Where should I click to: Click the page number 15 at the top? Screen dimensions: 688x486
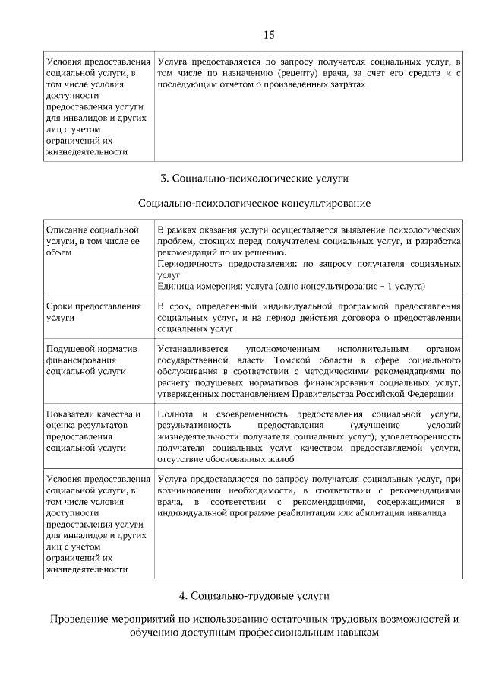(268, 34)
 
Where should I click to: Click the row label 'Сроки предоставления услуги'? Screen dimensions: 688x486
(93, 312)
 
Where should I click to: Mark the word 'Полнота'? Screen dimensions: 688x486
(175, 414)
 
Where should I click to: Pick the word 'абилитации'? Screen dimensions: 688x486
(373, 513)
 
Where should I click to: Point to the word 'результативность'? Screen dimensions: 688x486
(196, 425)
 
